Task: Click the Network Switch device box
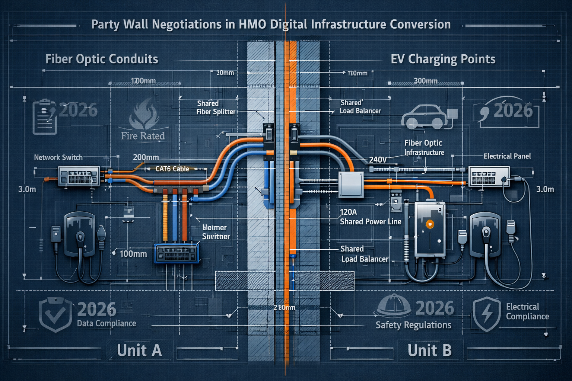79,176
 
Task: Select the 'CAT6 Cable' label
172,169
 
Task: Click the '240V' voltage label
378,160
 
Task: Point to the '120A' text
348,212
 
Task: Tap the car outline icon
424,117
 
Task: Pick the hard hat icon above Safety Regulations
393,306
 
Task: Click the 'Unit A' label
139,350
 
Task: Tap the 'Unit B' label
429,350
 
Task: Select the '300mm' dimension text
425,81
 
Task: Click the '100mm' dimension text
133,254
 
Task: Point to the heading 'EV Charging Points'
443,59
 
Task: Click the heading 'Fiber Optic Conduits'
102,59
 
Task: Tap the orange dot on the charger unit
430,224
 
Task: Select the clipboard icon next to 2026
45,116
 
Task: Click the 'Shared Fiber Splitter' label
216,108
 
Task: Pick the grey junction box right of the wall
350,185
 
